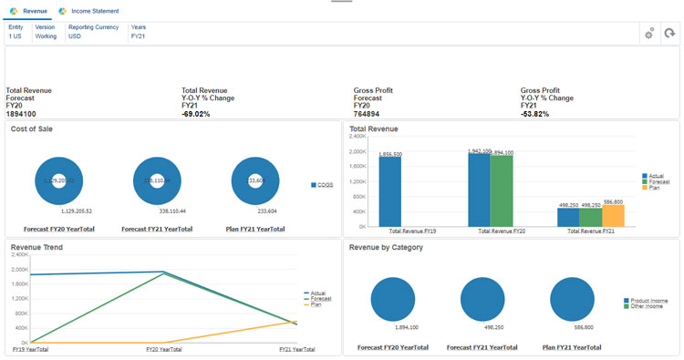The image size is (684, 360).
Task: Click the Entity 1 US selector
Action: point(16,32)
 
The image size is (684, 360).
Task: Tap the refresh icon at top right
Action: point(669,34)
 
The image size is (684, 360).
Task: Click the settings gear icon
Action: point(649,34)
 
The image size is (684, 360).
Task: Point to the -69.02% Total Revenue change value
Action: point(196,114)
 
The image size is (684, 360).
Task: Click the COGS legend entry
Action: point(324,185)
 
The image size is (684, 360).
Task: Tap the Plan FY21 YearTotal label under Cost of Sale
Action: point(254,229)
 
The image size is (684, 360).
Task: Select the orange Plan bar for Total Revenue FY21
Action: point(613,215)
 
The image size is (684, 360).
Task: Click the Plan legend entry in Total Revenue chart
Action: point(654,187)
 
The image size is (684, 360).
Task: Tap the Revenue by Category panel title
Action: point(386,247)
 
